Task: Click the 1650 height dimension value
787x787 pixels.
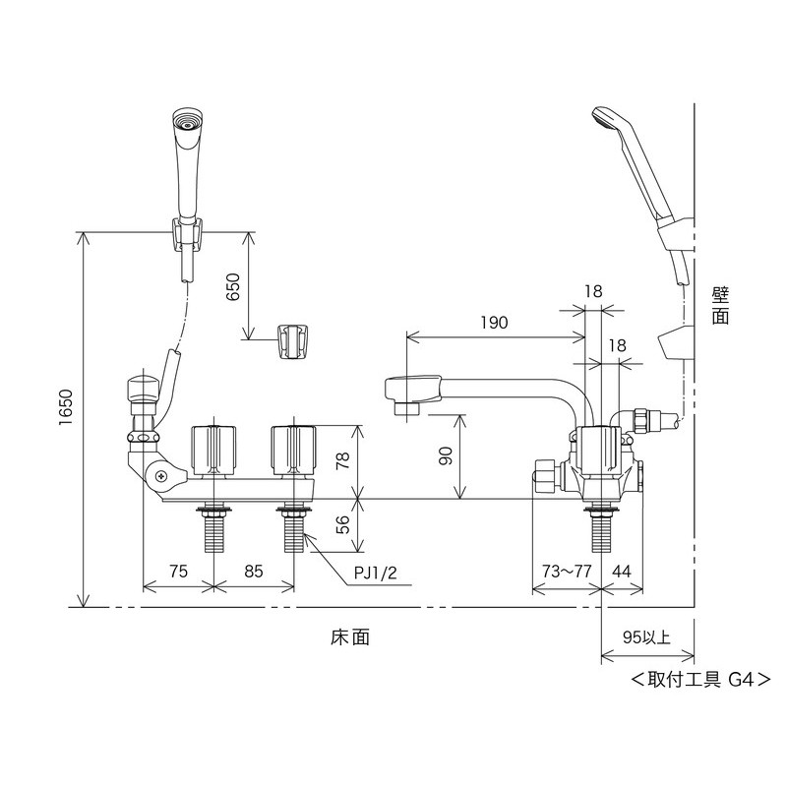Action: coord(66,407)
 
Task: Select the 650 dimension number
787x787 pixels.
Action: coord(233,287)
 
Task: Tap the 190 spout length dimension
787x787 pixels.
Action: coord(495,323)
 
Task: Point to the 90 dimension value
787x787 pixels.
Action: coord(446,455)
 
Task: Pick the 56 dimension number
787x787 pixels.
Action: coord(342,525)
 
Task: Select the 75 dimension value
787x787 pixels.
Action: coord(178,572)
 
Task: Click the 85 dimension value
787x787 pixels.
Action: coord(254,572)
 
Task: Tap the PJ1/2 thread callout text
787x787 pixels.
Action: coord(376,573)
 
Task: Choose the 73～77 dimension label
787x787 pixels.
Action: coord(567,572)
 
